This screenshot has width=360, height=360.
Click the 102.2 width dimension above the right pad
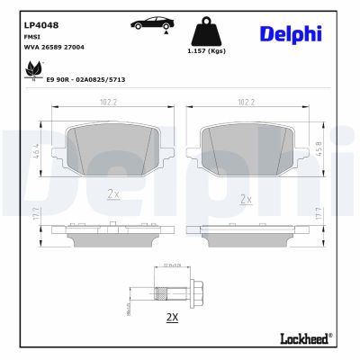pos(244,102)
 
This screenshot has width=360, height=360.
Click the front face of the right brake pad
pos(243,143)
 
